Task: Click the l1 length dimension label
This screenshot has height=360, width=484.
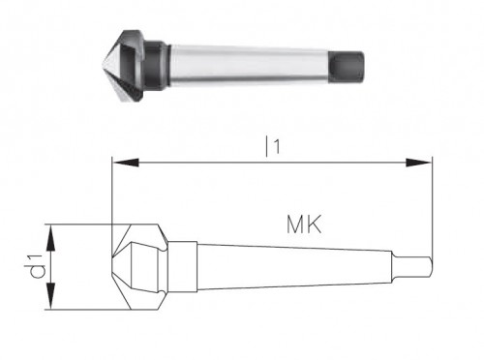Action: (x=274, y=146)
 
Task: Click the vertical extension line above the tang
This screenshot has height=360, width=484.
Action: (x=430, y=203)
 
